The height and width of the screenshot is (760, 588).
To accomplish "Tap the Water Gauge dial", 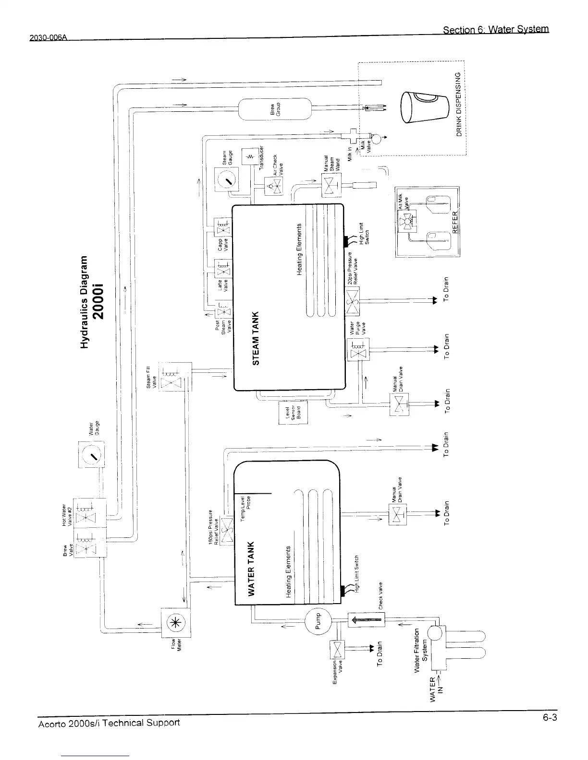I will click(x=91, y=454).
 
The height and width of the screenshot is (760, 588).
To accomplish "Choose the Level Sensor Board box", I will click(x=293, y=413).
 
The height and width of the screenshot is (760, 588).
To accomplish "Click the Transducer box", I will click(x=250, y=156).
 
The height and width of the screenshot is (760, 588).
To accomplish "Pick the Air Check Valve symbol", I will click(x=273, y=186).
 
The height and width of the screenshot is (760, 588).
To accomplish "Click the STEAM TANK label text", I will click(x=256, y=337).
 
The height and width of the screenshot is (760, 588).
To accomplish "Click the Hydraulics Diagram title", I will click(x=92, y=301).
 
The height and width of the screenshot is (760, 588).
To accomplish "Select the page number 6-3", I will click(x=550, y=718).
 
